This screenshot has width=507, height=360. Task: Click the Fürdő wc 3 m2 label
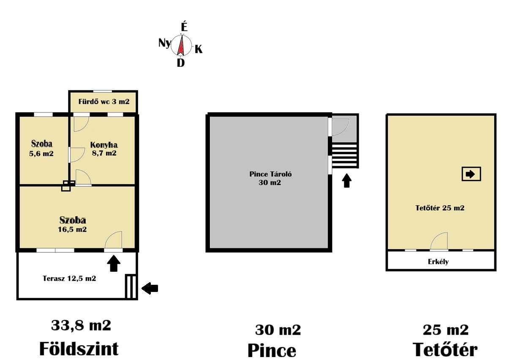[x=104, y=102]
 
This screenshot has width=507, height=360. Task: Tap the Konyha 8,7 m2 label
[x=104, y=149]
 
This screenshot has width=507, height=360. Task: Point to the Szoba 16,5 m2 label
[x=73, y=225]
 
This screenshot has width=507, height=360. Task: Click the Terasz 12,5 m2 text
[x=70, y=278]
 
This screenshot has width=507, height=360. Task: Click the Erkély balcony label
[x=438, y=262]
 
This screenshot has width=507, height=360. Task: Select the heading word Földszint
[x=79, y=349]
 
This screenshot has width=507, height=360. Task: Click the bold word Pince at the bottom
[x=272, y=350]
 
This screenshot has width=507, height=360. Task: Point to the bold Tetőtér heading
[x=445, y=350]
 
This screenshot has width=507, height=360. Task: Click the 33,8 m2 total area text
[x=81, y=325]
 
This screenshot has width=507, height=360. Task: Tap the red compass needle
[x=182, y=46]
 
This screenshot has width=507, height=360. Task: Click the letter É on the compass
[x=184, y=27]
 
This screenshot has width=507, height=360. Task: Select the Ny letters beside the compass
[x=164, y=43]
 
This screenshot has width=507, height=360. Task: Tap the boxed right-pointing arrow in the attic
[x=471, y=174]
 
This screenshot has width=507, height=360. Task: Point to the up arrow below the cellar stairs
[x=346, y=181]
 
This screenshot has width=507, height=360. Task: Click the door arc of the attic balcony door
[x=439, y=241]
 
